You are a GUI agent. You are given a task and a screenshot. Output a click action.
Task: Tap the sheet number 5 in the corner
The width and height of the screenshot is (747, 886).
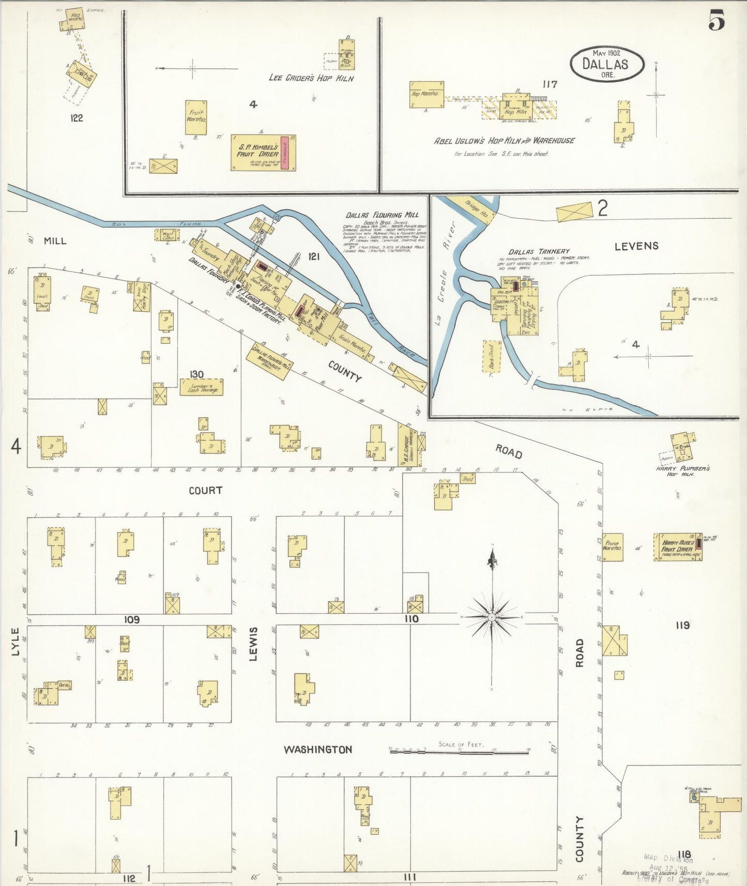[x=716, y=21]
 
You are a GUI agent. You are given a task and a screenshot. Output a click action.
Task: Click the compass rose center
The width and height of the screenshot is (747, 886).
[x=492, y=617]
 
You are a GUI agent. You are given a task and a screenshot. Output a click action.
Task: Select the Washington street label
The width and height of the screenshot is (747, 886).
[x=317, y=749]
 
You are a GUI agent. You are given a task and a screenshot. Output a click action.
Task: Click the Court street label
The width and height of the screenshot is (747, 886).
[x=205, y=490]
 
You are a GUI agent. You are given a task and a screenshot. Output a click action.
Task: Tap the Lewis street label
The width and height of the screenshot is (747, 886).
[x=253, y=644]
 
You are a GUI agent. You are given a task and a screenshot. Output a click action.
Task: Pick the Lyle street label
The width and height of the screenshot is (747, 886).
[x=15, y=642]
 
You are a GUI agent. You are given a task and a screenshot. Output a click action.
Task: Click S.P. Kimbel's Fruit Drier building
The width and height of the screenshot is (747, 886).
[x=263, y=152]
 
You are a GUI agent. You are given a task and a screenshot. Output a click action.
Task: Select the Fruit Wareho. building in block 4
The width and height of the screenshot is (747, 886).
[x=196, y=117]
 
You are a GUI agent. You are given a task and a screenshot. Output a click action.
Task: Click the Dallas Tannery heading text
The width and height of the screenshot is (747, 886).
[x=539, y=251]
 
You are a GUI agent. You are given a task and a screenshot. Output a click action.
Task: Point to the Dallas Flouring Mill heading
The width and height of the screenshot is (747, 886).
[x=382, y=215]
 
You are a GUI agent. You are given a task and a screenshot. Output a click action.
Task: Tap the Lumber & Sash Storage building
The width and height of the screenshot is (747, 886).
[x=201, y=387]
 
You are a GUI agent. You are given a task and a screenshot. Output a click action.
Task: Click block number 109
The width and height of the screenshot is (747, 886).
[x=131, y=619]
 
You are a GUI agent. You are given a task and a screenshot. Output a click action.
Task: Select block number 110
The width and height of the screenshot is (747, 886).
[x=411, y=619]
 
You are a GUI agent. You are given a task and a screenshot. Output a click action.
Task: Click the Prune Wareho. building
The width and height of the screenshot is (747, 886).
[x=612, y=547]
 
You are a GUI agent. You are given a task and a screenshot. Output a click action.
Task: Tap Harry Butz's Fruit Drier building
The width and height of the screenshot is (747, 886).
[x=677, y=547]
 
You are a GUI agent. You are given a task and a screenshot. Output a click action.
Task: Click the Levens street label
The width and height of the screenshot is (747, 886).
[x=636, y=246]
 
